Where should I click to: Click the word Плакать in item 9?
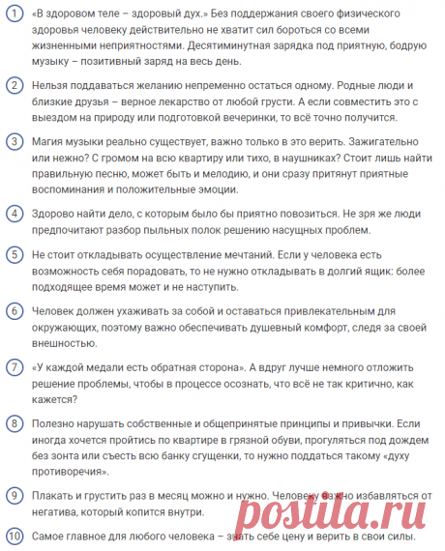[x=58, y=496]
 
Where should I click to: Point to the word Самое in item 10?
[x=56, y=537]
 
